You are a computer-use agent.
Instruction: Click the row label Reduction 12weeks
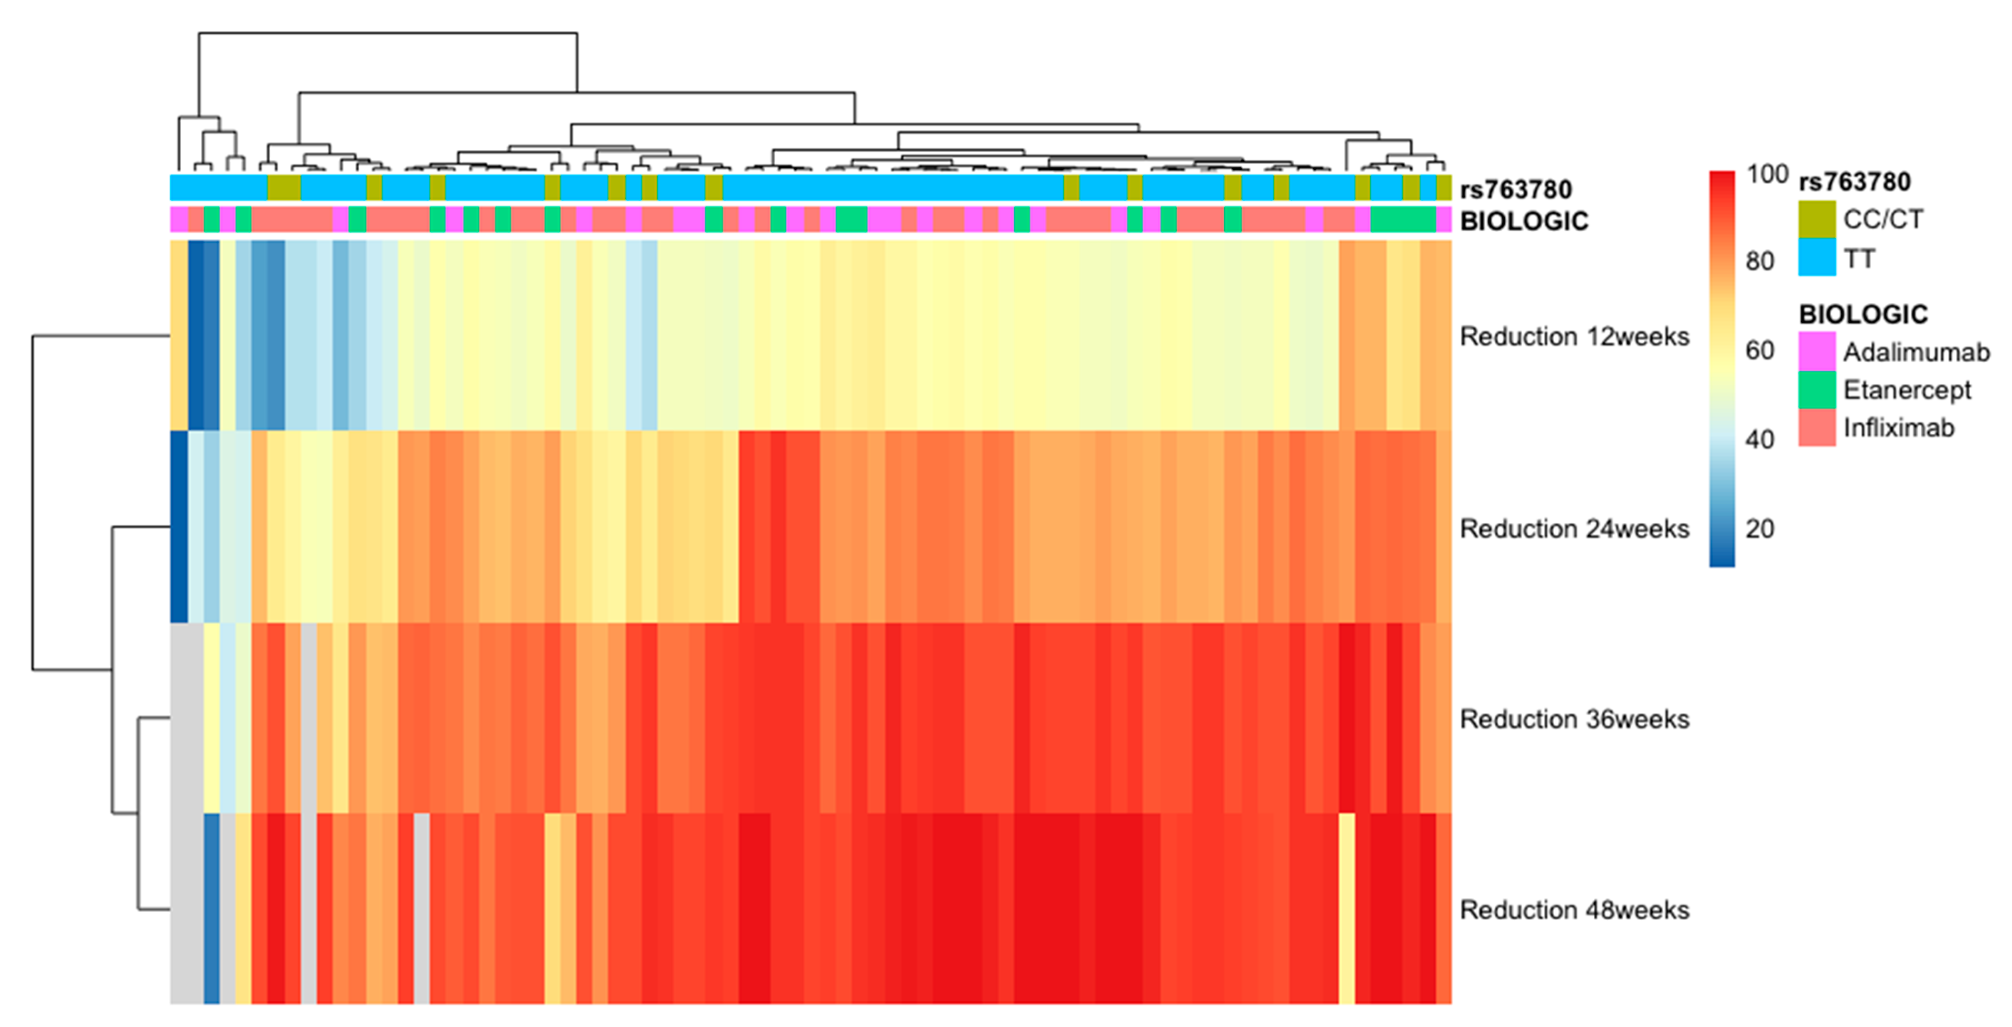coord(1574,337)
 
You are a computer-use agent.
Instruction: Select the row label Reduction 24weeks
coord(1574,529)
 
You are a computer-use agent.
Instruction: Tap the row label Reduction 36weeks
coord(1574,719)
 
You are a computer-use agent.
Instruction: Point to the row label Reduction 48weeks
coord(1574,910)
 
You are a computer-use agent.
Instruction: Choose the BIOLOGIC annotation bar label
coord(1523,221)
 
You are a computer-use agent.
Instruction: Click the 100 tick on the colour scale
coord(1767,174)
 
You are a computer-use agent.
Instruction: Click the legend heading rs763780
coord(1854,182)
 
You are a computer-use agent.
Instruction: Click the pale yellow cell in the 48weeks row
coord(1347,908)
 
